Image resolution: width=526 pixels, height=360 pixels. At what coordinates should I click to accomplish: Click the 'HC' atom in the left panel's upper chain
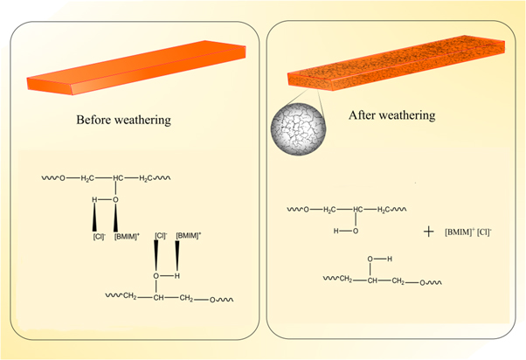[x=120, y=179]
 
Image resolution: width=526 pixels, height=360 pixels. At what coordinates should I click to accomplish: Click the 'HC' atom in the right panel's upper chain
[x=359, y=209]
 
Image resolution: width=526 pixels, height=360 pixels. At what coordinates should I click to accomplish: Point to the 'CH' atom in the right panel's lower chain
[x=373, y=280]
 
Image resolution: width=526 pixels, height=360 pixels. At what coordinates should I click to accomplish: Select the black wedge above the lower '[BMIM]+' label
[x=179, y=255]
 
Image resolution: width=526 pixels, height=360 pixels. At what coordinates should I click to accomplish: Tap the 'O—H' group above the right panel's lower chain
[x=376, y=260]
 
